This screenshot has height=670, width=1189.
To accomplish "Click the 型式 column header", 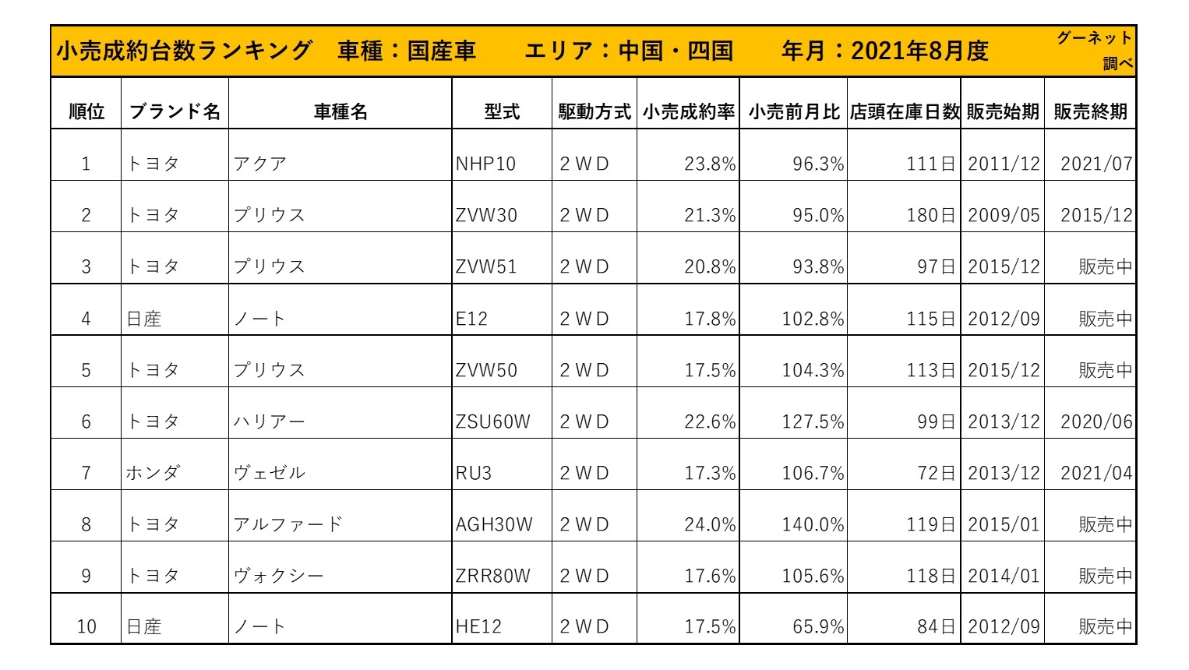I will pos(501,111).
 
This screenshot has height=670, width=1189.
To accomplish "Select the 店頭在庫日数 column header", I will pos(904,111).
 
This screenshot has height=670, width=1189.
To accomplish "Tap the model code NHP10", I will pos(485,164).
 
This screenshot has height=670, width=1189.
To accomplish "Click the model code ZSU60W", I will pos(492,421).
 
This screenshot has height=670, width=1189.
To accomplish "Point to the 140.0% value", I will pos(813,524).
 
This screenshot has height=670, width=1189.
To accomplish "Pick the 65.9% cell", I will pos(818,626).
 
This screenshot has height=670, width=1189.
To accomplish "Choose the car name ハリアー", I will pos(269,421).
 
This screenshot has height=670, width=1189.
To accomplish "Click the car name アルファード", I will pos(288,524).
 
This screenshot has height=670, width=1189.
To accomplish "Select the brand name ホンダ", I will pos(153,473).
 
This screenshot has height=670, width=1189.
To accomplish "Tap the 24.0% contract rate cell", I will pos(709,524).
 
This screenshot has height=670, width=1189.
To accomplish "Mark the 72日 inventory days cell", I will pos(936,473).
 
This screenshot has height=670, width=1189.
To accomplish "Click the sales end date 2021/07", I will pos(1096,164).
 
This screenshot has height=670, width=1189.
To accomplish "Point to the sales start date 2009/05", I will pos(1004,215).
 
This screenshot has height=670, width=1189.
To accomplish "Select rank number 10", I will pos(86,626).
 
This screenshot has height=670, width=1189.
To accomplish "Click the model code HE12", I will pos(478,626).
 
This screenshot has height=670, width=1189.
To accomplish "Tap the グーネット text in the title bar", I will pos(1094,38).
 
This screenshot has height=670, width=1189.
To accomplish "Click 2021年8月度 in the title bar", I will pos(919,51).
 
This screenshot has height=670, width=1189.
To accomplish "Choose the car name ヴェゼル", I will pos(269,473).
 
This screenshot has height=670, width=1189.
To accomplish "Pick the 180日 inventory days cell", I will pos(930,215).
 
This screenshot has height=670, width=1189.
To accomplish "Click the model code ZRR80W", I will pos(492,576).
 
